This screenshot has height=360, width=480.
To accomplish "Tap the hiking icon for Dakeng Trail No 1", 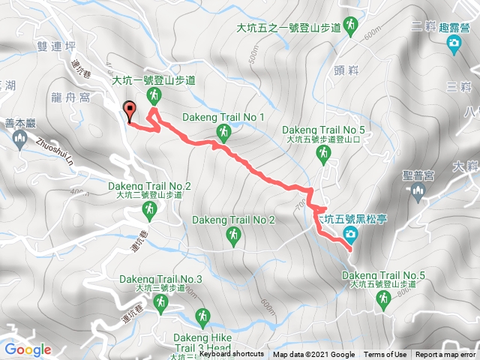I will (x=223, y=133).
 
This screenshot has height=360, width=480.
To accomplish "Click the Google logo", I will (x=28, y=349).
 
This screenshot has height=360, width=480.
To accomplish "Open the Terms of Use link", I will (x=385, y=355).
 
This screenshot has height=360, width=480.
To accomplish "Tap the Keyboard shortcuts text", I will (x=231, y=355).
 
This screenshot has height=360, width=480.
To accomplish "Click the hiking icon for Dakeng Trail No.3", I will (x=160, y=302).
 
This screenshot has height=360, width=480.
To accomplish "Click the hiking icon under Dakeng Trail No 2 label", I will (x=233, y=236).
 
